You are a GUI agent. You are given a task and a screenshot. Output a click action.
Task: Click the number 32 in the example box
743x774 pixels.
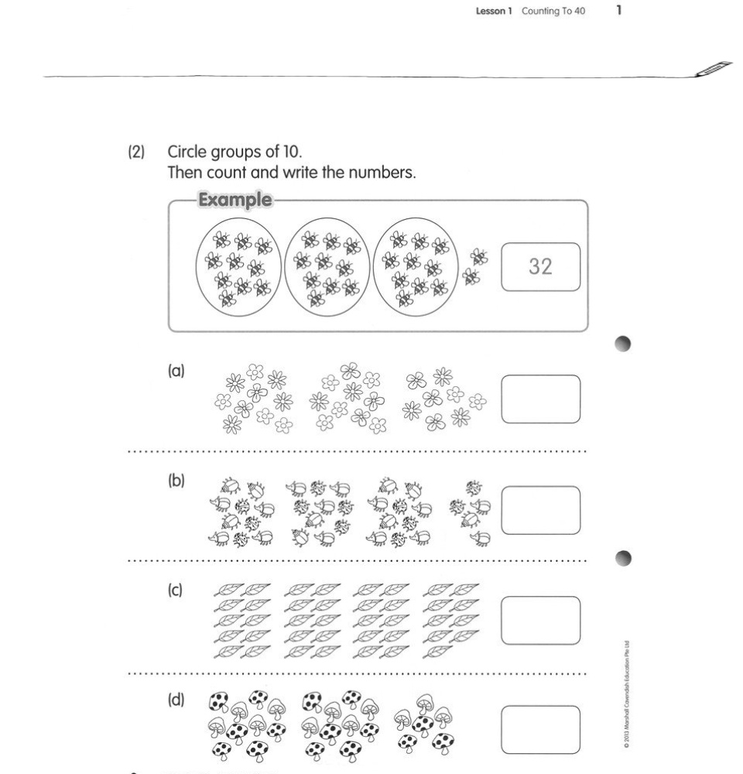[x=540, y=267]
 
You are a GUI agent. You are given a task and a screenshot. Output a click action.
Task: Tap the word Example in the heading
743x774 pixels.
[x=235, y=200]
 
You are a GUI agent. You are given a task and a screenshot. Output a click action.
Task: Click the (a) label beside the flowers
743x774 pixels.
[x=176, y=372]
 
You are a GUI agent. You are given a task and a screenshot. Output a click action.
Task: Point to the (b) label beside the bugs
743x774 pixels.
[x=176, y=481]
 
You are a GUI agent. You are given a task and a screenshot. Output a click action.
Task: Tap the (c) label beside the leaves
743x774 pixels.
[x=176, y=591]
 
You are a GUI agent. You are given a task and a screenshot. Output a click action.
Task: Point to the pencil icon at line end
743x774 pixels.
[x=714, y=69]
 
